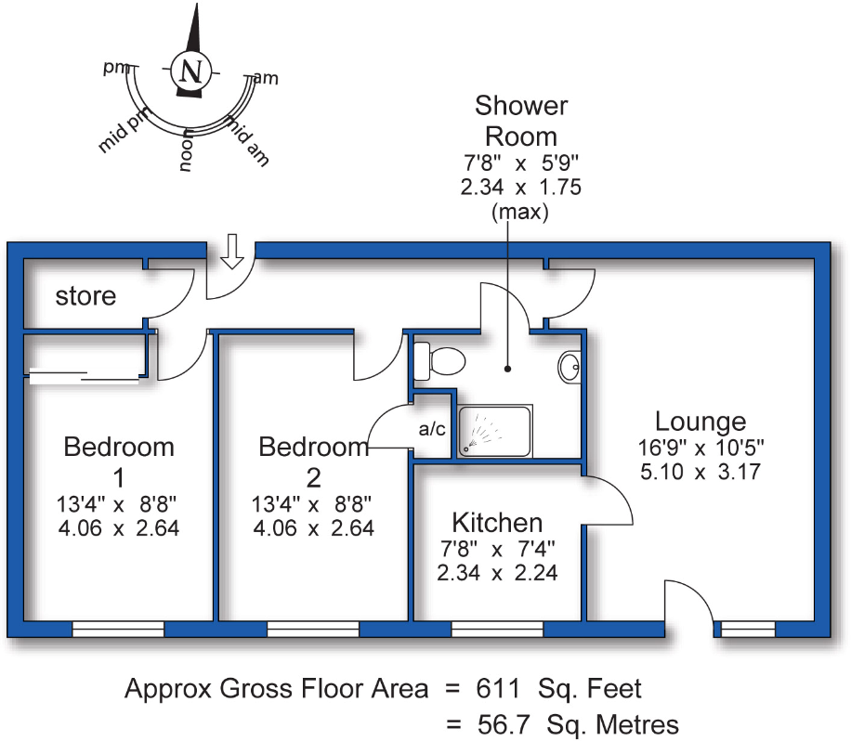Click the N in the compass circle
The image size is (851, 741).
[191, 71]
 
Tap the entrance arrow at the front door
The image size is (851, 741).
[233, 253]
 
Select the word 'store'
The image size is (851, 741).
[86, 296]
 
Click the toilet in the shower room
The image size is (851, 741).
[439, 359]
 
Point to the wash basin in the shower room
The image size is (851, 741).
[570, 367]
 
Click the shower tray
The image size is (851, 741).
[495, 431]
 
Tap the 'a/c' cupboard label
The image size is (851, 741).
[432, 430]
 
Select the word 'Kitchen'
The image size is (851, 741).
[497, 521]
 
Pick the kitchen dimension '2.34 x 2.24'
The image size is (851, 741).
[497, 573]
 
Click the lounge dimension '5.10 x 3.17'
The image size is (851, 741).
[700, 472]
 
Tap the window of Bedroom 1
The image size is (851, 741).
[118, 630]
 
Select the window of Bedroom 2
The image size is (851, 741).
[313, 630]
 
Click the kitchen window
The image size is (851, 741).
[497, 630]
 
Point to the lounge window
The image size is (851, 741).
[748, 630]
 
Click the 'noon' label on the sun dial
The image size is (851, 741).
[187, 151]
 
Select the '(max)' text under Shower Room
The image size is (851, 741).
[519, 211]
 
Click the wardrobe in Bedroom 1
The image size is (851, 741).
[84, 376]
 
